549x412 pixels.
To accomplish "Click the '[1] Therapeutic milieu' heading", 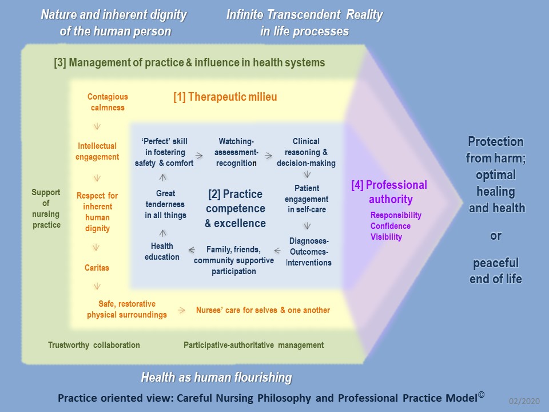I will click(x=225, y=97).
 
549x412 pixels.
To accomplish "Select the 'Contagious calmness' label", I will click(x=108, y=102).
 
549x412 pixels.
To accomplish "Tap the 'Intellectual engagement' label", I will click(x=97, y=152).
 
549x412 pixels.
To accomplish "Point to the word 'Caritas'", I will click(x=97, y=267).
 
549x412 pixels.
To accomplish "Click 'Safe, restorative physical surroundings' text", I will click(x=127, y=310).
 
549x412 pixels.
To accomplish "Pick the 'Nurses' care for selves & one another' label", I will click(x=263, y=310).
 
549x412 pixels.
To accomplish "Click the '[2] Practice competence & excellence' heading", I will click(x=235, y=208).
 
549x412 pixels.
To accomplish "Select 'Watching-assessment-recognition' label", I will click(x=237, y=152).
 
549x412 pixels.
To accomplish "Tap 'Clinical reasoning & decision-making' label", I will click(x=306, y=152).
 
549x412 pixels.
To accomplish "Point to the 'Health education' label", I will click(x=162, y=252).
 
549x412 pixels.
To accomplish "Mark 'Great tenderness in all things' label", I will click(x=165, y=204).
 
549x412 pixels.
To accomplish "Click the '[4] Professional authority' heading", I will click(x=389, y=192).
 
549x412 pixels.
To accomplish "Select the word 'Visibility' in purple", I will click(x=386, y=237).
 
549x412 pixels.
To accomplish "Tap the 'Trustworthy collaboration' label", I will click(x=94, y=345).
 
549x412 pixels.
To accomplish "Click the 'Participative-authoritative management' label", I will click(x=253, y=345).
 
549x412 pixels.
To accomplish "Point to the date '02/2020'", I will click(x=524, y=402).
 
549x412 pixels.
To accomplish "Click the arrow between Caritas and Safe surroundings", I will click(x=97, y=285).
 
